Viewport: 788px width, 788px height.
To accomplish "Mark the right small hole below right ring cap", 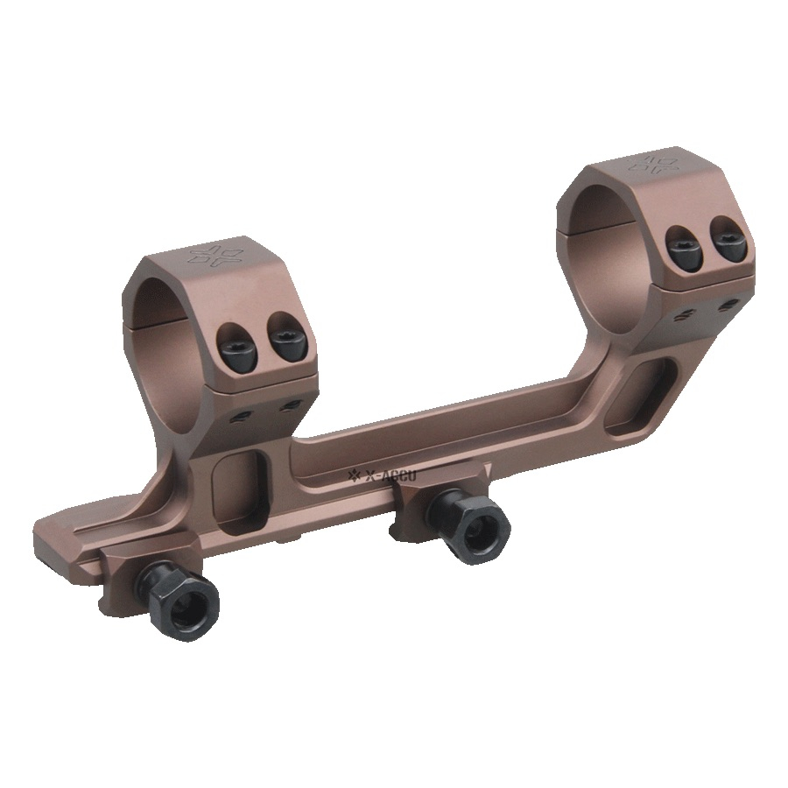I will pos(729,303).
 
